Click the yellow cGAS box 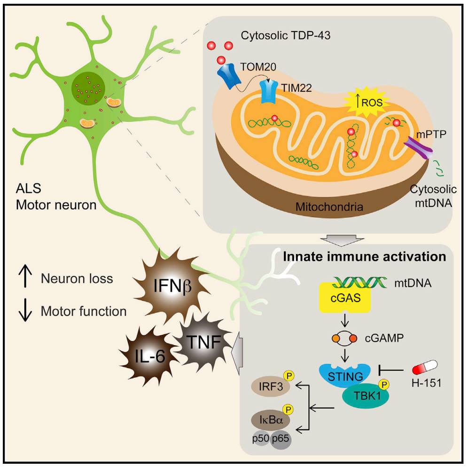pyautogui.click(x=345, y=298)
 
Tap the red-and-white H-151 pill pyautogui.click(x=425, y=367)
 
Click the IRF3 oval pyautogui.click(x=271, y=386)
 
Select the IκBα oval pyautogui.click(x=271, y=420)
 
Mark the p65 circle pyautogui.click(x=281, y=439)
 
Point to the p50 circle pyautogui.click(x=261, y=438)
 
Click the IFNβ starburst pyautogui.click(x=171, y=285)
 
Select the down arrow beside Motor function pyautogui.click(x=25, y=310)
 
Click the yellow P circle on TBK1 pyautogui.click(x=384, y=384)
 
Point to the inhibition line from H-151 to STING pyautogui.click(x=391, y=370)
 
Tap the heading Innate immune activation pyautogui.click(x=365, y=256)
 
